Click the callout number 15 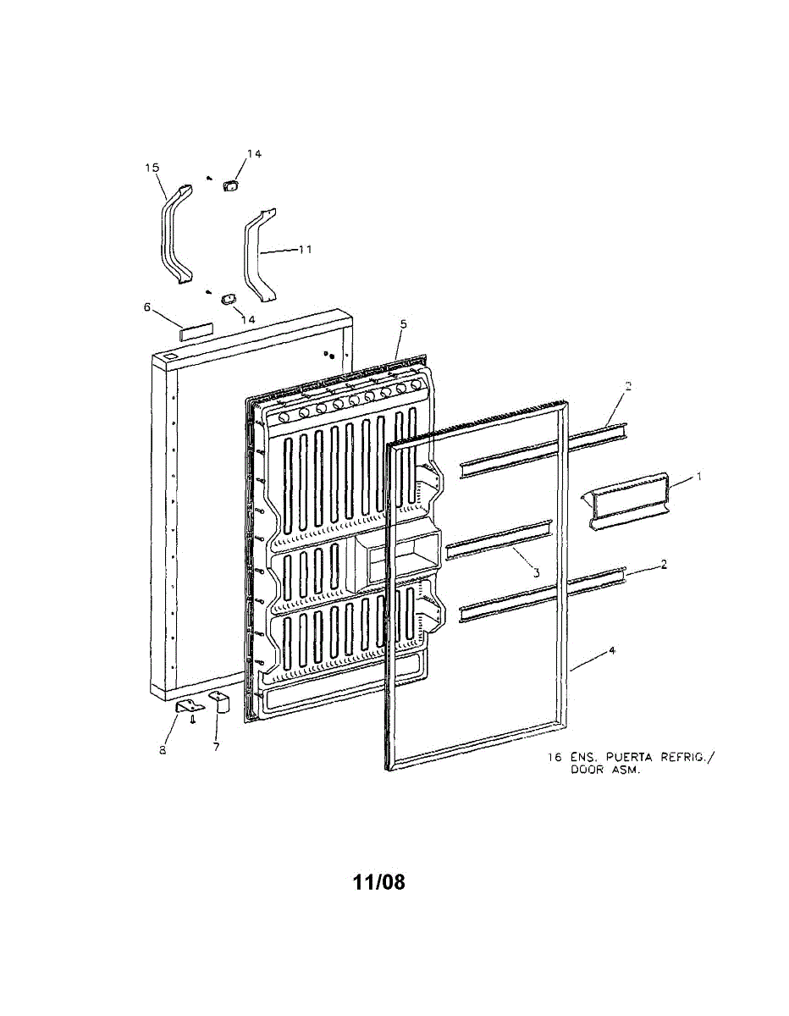(x=152, y=168)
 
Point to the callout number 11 (x=305, y=250)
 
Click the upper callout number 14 (x=254, y=153)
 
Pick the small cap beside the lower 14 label (x=227, y=299)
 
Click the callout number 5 (x=403, y=324)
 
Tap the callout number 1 (x=699, y=477)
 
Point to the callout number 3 (x=536, y=573)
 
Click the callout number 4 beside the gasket (x=611, y=651)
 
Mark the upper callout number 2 (x=628, y=386)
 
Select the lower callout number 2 (x=664, y=563)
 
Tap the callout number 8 (x=164, y=749)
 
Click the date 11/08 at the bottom (x=378, y=882)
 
